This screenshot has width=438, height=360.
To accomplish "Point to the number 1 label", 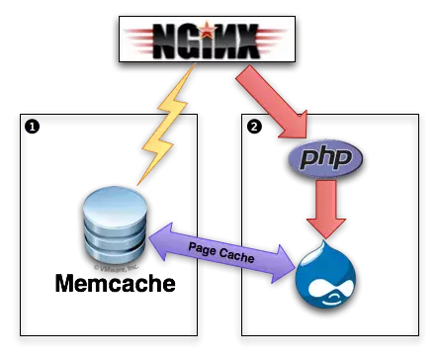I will [32, 128].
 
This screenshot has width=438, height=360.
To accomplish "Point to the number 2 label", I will [254, 127].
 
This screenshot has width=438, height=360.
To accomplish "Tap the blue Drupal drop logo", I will [325, 274].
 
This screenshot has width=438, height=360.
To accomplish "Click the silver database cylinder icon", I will [115, 224].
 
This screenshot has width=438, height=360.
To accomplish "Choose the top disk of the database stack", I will [115, 197].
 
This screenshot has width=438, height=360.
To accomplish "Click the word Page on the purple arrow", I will [203, 248].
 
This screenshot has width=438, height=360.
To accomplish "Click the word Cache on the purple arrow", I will [236, 257].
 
